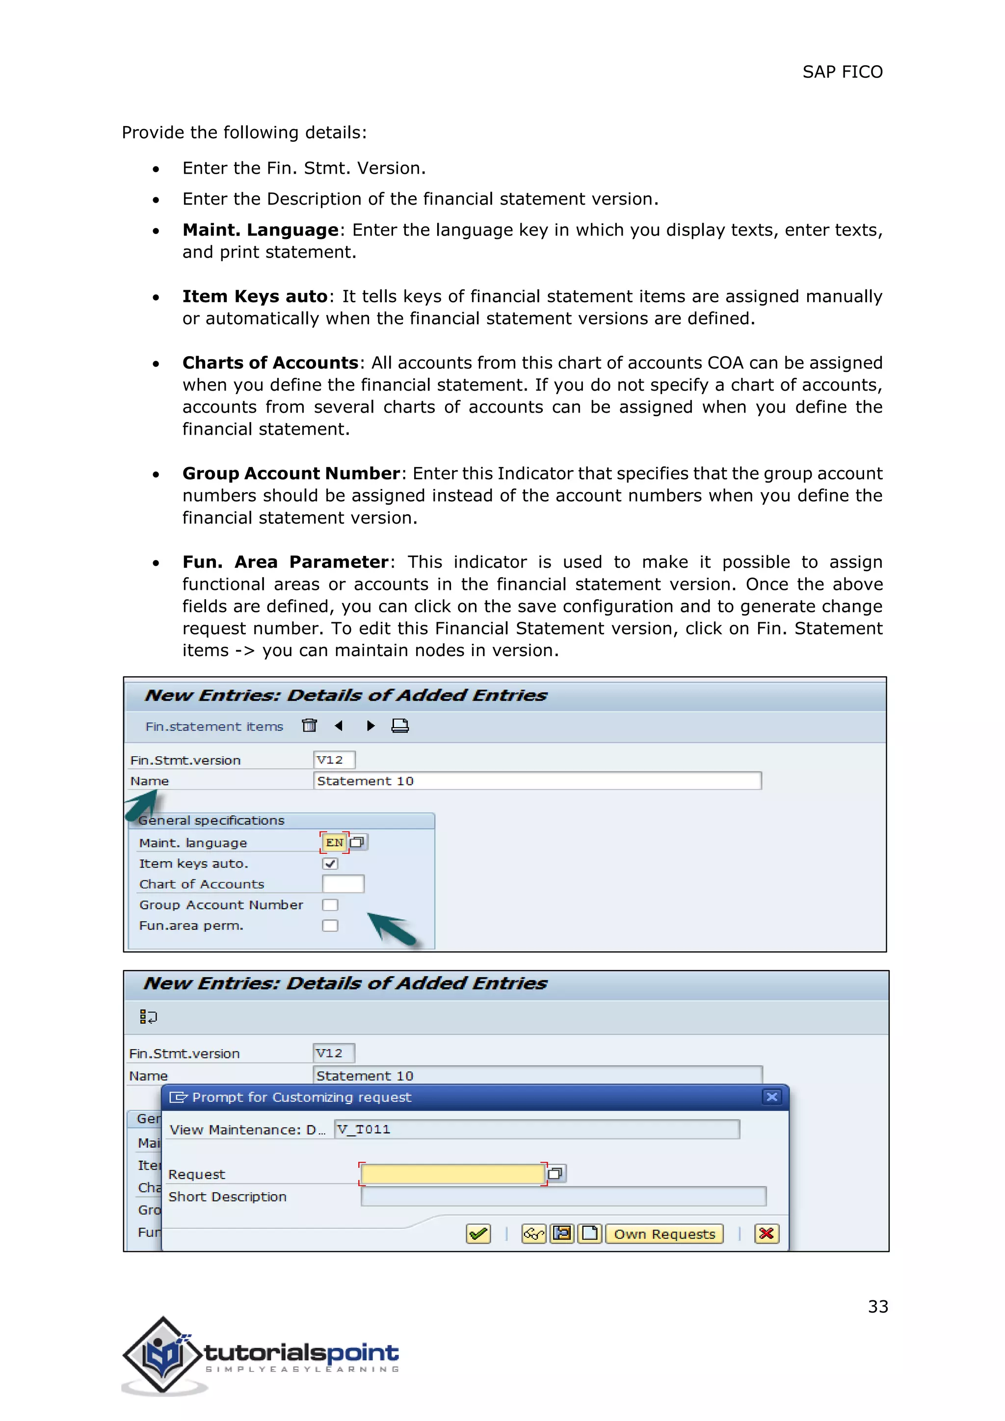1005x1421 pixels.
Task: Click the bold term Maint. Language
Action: click(x=261, y=230)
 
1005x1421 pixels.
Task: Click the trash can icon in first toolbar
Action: click(x=310, y=725)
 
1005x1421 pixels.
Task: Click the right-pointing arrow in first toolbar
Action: click(x=370, y=725)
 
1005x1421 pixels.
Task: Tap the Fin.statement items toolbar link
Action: click(x=214, y=727)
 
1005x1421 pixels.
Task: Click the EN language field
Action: click(x=334, y=842)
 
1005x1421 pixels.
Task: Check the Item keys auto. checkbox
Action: click(x=330, y=864)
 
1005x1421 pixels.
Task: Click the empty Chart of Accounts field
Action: click(x=343, y=884)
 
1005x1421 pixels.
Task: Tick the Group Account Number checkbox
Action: click(x=330, y=905)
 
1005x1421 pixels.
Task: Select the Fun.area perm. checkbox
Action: click(x=330, y=926)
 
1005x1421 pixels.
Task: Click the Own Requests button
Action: click(x=664, y=1234)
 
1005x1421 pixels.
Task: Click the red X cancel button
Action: click(x=766, y=1234)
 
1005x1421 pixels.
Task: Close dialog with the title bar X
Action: click(x=772, y=1097)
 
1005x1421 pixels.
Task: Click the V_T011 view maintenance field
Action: click(x=536, y=1130)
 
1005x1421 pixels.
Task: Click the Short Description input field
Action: click(x=563, y=1196)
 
